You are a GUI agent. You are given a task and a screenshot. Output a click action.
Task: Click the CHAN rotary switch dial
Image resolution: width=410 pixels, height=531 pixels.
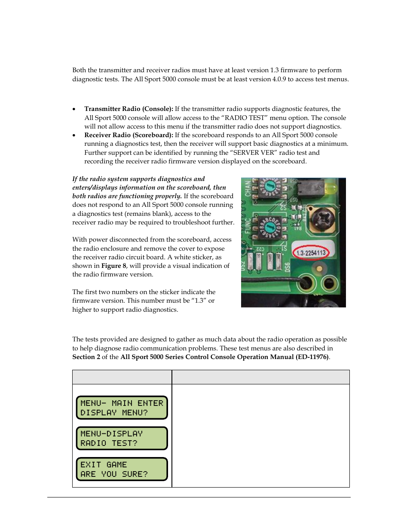270,187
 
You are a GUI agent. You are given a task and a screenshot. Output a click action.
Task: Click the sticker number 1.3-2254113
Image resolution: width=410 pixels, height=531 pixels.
311,253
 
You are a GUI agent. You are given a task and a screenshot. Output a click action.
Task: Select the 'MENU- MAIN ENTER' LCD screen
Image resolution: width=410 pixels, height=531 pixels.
122,408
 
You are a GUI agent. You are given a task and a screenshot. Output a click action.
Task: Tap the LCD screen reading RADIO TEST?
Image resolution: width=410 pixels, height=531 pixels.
122,438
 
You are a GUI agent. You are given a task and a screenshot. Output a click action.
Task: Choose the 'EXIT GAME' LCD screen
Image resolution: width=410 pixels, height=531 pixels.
122,469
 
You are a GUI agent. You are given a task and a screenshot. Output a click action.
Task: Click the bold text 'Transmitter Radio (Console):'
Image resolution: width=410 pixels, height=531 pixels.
129,109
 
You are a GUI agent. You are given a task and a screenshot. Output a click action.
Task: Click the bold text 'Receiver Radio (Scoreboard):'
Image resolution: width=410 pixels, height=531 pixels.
129,135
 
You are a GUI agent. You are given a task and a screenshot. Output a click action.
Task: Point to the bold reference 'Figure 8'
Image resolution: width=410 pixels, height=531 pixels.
113,266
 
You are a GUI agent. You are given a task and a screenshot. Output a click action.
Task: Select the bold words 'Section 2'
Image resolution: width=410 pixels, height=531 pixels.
86,357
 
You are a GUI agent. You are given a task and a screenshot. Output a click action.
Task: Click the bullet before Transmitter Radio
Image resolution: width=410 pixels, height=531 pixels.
74,109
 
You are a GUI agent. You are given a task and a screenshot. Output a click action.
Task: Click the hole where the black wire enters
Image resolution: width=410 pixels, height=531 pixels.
306,283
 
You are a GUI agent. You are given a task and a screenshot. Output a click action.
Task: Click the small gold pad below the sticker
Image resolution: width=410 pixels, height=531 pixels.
319,269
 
